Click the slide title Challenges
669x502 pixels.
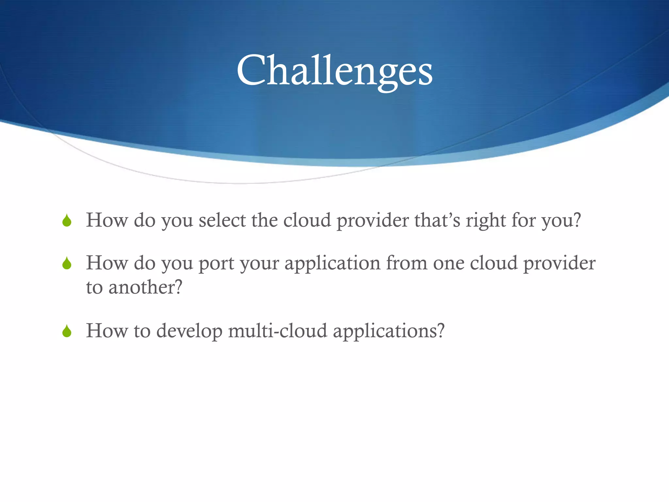[x=334, y=71]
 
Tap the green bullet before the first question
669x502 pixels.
[x=67, y=221]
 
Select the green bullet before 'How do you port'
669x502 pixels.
[x=67, y=263]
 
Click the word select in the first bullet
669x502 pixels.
[x=222, y=220]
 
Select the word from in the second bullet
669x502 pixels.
[x=407, y=263]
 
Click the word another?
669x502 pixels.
[x=145, y=288]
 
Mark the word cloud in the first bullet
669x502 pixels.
[x=307, y=220]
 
